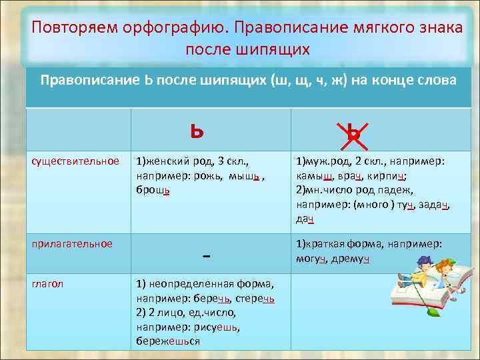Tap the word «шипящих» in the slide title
pyautogui.click(x=278, y=50)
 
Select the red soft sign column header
pyautogui.click(x=196, y=131)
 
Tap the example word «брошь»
pyautogui.click(x=153, y=191)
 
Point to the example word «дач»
pyautogui.click(x=305, y=219)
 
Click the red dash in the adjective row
pyautogui.click(x=205, y=256)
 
